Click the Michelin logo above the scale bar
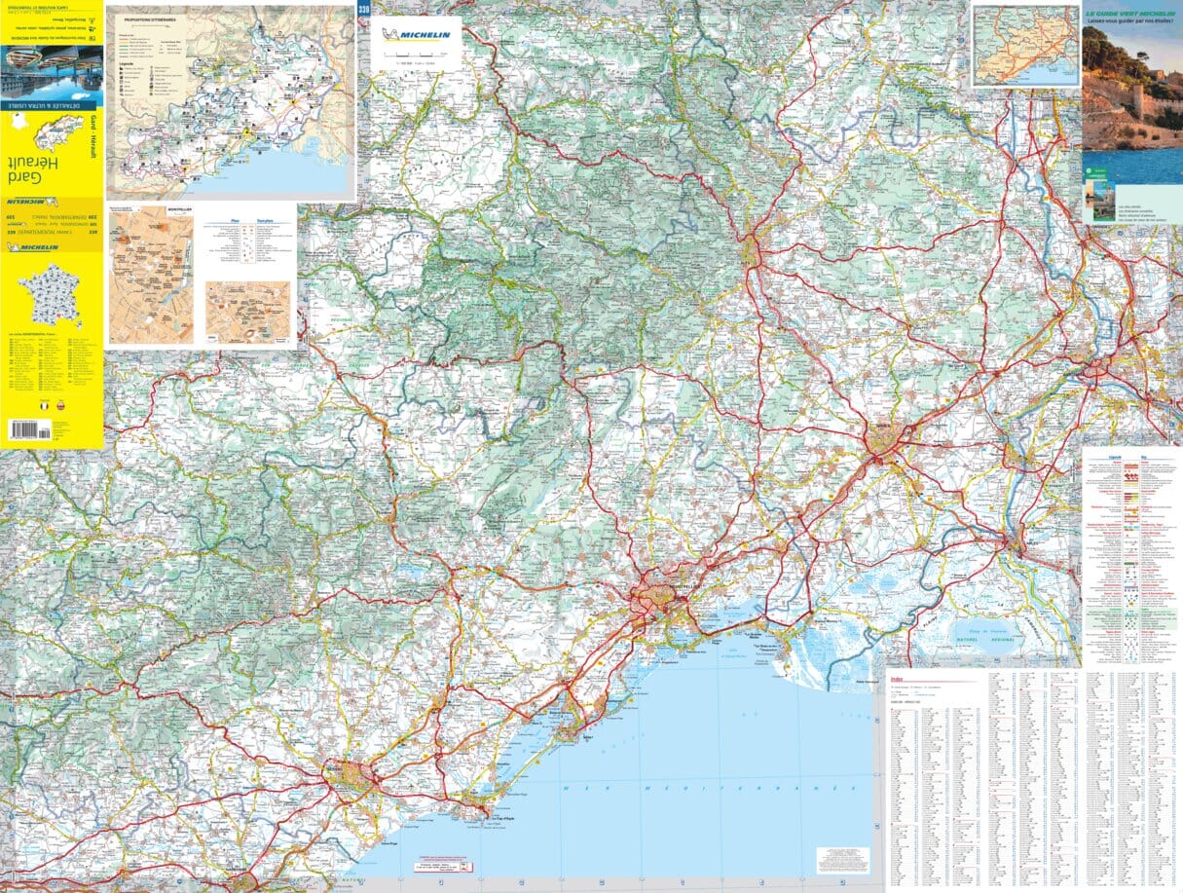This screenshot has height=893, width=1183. (417, 35)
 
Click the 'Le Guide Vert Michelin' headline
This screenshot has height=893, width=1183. (1132, 14)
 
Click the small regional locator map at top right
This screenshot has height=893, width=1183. (1024, 45)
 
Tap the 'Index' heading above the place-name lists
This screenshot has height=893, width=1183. (896, 679)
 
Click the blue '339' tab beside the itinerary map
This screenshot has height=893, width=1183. (363, 11)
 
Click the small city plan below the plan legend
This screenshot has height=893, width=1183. (247, 310)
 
